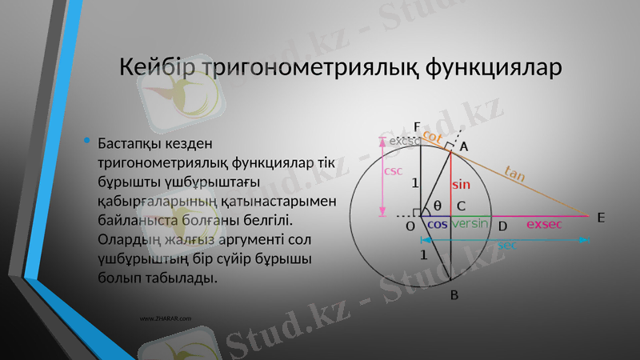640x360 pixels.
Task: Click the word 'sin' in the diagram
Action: pyautogui.click(x=461, y=184)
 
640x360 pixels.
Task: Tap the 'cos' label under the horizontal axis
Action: pyautogui.click(x=437, y=225)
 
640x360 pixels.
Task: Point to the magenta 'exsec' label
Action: pyautogui.click(x=544, y=225)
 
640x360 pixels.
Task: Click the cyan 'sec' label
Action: pyautogui.click(x=506, y=245)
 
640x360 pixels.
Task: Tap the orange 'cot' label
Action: pyautogui.click(x=432, y=137)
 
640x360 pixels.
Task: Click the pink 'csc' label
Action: pyautogui.click(x=394, y=170)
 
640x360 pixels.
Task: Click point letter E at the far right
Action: pyautogui.click(x=601, y=218)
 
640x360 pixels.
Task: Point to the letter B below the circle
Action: pyautogui.click(x=454, y=295)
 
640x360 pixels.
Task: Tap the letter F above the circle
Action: pyautogui.click(x=417, y=126)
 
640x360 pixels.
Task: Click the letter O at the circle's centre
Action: pyautogui.click(x=410, y=226)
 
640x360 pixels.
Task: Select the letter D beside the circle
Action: pyautogui.click(x=502, y=226)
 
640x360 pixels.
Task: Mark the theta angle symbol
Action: pyautogui.click(x=437, y=206)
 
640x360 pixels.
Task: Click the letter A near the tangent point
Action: pyautogui.click(x=464, y=147)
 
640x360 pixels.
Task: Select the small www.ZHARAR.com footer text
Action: pyautogui.click(x=166, y=318)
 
